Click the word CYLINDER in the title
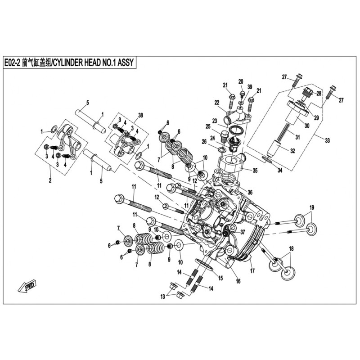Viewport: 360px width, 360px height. click(x=68, y=63)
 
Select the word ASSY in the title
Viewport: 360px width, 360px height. click(x=126, y=63)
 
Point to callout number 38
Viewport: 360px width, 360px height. click(x=140, y=116)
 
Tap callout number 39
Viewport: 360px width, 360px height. click(x=250, y=87)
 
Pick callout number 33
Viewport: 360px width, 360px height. click(x=327, y=141)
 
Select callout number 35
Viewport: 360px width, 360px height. click(x=255, y=171)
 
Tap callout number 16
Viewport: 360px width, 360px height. click(x=238, y=282)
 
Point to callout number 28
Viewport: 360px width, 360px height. click(x=318, y=94)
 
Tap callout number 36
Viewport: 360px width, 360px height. click(x=250, y=192)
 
